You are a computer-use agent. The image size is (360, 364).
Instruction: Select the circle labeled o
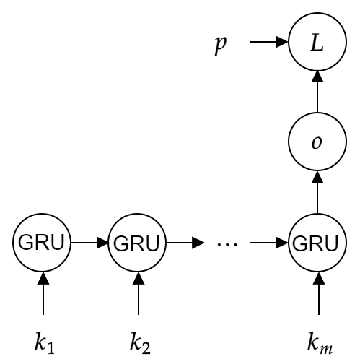click(316, 142)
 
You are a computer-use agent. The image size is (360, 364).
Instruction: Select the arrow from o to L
click(316, 92)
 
